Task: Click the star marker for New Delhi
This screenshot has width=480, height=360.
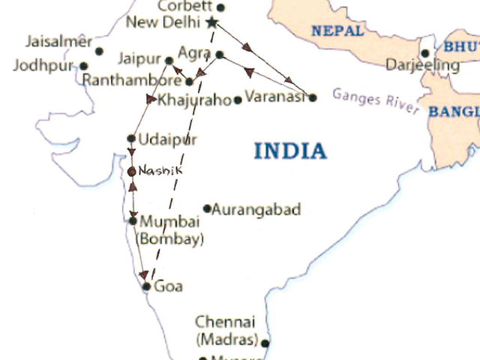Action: tap(212, 22)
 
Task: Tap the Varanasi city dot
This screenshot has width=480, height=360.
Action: tap(313, 97)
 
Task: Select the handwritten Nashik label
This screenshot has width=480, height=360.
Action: tap(160, 171)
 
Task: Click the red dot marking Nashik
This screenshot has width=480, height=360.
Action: tap(132, 172)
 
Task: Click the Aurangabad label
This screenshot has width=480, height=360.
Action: tap(256, 209)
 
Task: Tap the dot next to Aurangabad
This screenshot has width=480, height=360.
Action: tap(208, 208)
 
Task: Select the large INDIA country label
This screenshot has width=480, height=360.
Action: tap(290, 151)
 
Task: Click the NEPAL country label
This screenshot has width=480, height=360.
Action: tap(337, 31)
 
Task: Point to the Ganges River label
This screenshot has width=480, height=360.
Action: tap(376, 101)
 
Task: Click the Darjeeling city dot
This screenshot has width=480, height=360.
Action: tap(424, 53)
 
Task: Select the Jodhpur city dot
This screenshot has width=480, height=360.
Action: tap(83, 66)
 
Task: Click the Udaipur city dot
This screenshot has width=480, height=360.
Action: tap(131, 138)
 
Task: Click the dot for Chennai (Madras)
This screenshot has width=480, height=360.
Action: tap(265, 343)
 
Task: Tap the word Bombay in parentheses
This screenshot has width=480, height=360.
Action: tap(172, 240)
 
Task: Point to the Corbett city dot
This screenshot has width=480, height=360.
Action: tap(220, 7)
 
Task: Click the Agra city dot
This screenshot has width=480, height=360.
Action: tap(220, 54)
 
